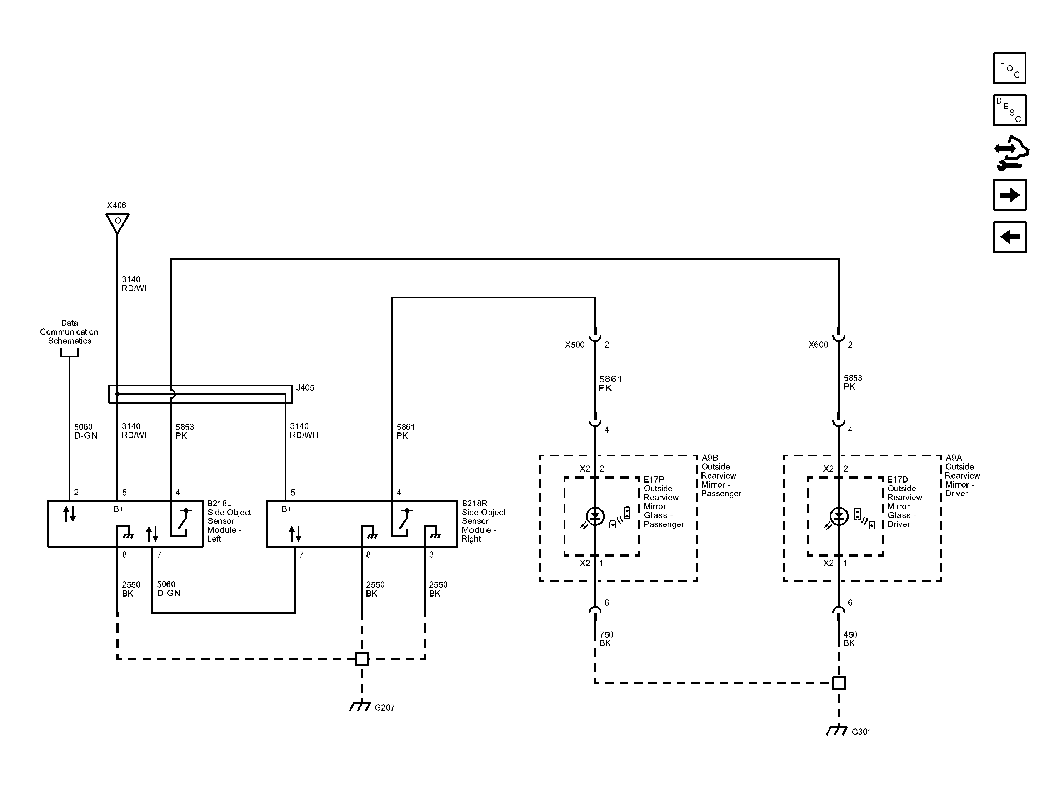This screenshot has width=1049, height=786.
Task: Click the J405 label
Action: pos(305,388)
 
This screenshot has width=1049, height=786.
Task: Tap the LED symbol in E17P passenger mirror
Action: pos(595,516)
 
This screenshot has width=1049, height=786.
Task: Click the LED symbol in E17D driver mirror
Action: pos(839,516)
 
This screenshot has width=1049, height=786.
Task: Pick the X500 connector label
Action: pos(574,345)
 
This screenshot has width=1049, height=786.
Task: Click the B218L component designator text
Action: pos(219,504)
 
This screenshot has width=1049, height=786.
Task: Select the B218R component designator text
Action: pos(474,504)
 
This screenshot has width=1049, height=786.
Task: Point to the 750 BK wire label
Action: pos(606,639)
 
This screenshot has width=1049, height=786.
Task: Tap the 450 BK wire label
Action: pos(850,639)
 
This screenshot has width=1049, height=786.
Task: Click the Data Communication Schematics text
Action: pos(69,332)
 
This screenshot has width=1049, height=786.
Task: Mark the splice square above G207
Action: pos(362,659)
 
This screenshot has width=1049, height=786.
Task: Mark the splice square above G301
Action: pos(839,683)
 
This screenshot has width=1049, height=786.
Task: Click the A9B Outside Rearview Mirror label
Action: pos(721,476)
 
